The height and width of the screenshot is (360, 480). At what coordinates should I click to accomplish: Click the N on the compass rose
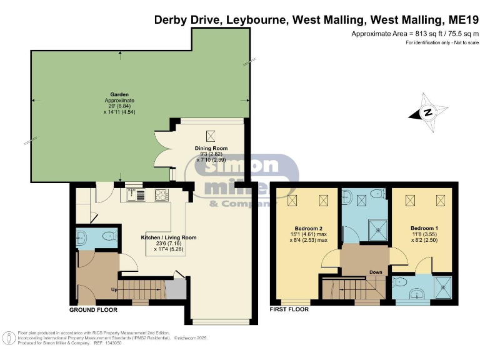click(427, 113)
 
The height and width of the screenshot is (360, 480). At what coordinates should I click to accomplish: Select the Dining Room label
click(211, 148)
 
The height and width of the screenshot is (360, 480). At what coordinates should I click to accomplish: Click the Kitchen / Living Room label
click(168, 237)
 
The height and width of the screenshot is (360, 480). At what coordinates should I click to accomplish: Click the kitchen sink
click(136, 194)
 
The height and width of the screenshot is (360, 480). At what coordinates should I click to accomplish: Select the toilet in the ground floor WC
click(107, 237)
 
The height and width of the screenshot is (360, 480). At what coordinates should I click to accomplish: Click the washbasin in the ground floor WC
click(82, 236)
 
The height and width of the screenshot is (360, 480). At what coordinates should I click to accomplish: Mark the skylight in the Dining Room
click(211, 133)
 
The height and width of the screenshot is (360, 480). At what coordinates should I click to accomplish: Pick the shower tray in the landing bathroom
click(378, 231)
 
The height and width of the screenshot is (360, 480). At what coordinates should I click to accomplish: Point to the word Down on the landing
click(376, 272)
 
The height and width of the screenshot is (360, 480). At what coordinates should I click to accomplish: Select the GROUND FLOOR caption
click(92, 309)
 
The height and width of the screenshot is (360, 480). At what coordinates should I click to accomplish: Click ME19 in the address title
click(459, 19)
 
